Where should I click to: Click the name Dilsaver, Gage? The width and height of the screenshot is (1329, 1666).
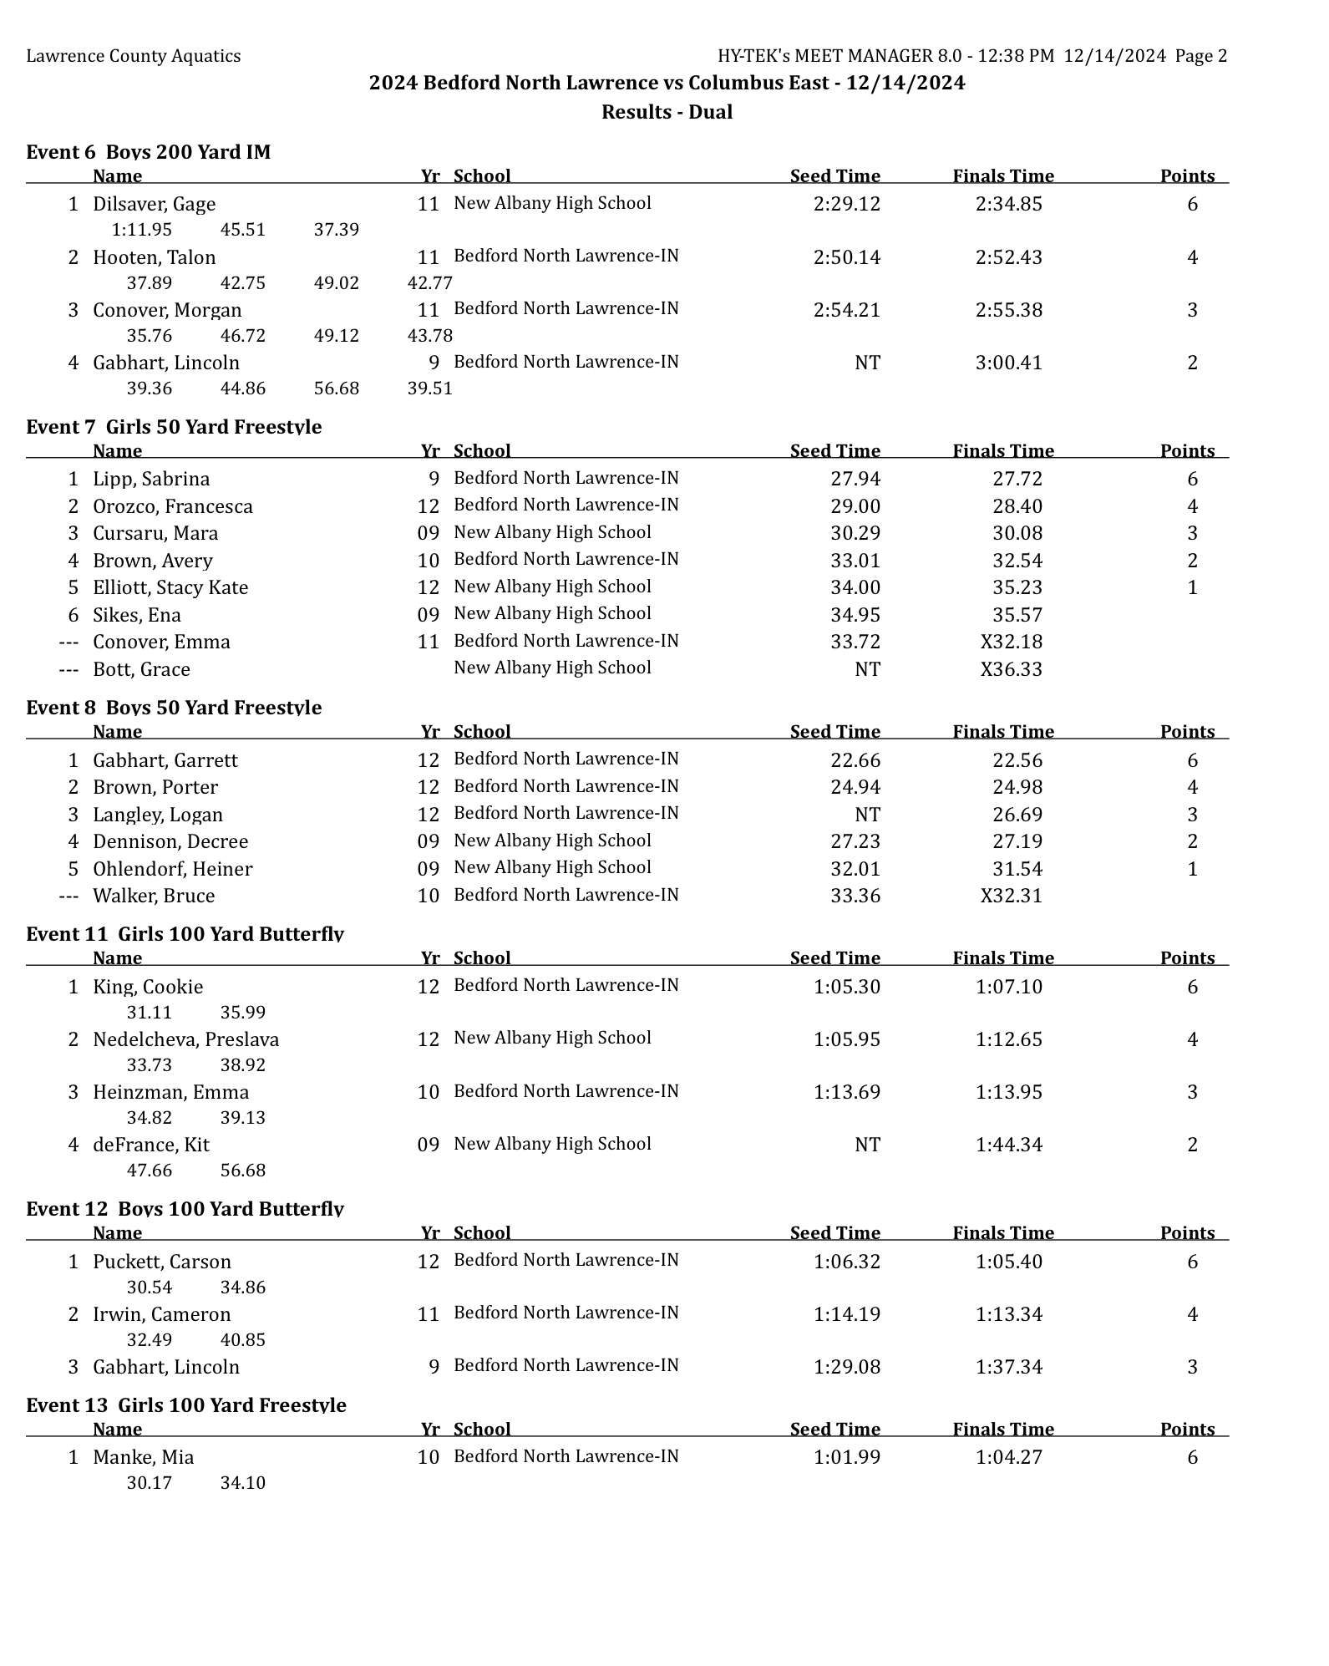click(x=154, y=204)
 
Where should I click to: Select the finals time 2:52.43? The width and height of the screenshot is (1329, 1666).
click(x=1008, y=257)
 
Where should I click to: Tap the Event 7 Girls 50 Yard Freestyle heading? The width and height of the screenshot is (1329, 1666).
click(x=174, y=427)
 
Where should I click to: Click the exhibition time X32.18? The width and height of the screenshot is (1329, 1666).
click(x=1011, y=642)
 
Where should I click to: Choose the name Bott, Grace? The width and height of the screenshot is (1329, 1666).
click(x=141, y=669)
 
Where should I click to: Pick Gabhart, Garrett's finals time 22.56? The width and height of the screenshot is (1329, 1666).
click(x=1017, y=760)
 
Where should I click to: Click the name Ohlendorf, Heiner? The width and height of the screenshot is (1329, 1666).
click(x=172, y=869)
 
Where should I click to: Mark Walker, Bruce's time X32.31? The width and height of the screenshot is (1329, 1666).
click(x=1011, y=896)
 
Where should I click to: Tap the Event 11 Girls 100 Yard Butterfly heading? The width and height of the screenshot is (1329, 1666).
click(x=185, y=934)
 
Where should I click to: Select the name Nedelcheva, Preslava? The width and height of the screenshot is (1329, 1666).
click(x=185, y=1039)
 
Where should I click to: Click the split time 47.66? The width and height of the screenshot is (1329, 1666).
click(x=149, y=1171)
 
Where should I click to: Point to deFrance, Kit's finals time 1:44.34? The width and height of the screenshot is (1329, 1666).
click(x=1008, y=1145)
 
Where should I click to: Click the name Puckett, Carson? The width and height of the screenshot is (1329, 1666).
click(x=161, y=1262)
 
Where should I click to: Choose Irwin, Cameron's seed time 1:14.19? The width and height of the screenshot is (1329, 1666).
click(x=846, y=1314)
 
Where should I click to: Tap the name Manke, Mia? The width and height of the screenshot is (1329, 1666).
click(x=143, y=1457)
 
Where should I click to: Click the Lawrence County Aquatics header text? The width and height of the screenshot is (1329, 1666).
click(x=134, y=56)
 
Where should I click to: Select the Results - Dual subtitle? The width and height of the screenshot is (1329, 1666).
click(x=667, y=112)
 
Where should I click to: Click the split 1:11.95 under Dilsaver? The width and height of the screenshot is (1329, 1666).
click(x=141, y=230)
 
